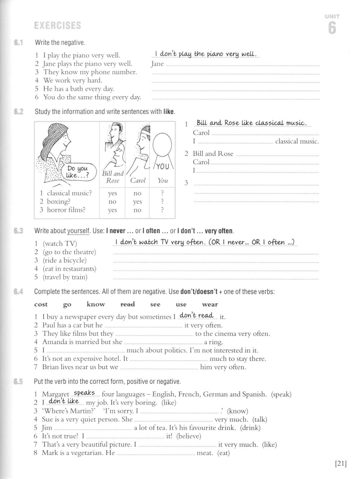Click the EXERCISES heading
pos(57,26)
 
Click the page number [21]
pos(341,464)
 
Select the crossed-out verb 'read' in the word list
pos(127,304)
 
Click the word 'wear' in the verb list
pos(210,304)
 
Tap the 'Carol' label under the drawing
pos(138,180)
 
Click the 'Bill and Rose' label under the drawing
pos(113,177)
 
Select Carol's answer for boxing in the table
pos(137,202)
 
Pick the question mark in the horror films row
pos(162,210)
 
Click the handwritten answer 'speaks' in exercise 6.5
pos(84,393)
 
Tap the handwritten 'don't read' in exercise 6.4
pos(197,315)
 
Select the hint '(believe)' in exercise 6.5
pos(188,436)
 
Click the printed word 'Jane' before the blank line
pos(157,64)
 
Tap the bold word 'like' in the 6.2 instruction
pos(168,112)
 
